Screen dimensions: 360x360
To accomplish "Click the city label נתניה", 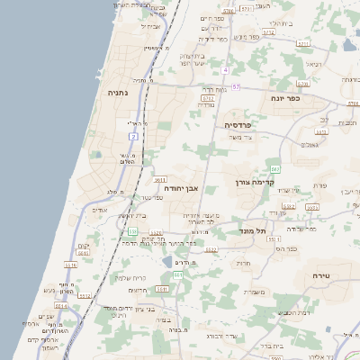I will coord(118,92).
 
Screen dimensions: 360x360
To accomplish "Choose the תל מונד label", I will coord(256,229).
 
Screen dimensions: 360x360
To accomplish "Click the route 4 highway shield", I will coord(226,69).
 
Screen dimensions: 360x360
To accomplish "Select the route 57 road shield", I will coord(236,87).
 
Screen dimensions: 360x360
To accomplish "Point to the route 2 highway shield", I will coord(133,136).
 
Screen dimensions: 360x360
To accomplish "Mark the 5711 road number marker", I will coord(303,42).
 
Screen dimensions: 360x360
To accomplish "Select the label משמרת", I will coord(255,292).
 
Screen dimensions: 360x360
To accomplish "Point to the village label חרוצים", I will coord(138,290).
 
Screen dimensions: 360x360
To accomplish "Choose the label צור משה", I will coord(241,137).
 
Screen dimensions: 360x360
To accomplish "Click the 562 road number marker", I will coord(275,169).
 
